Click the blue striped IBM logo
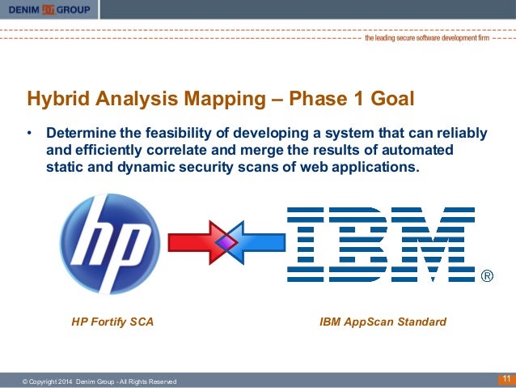pyautogui.click(x=381, y=244)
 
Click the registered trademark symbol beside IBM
pyautogui.click(x=487, y=277)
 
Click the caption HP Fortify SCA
pyautogui.click(x=112, y=322)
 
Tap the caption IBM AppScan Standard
pyautogui.click(x=383, y=322)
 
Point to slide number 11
pyautogui.click(x=505, y=379)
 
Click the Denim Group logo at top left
pyautogui.click(x=49, y=10)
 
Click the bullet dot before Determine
pyautogui.click(x=29, y=133)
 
